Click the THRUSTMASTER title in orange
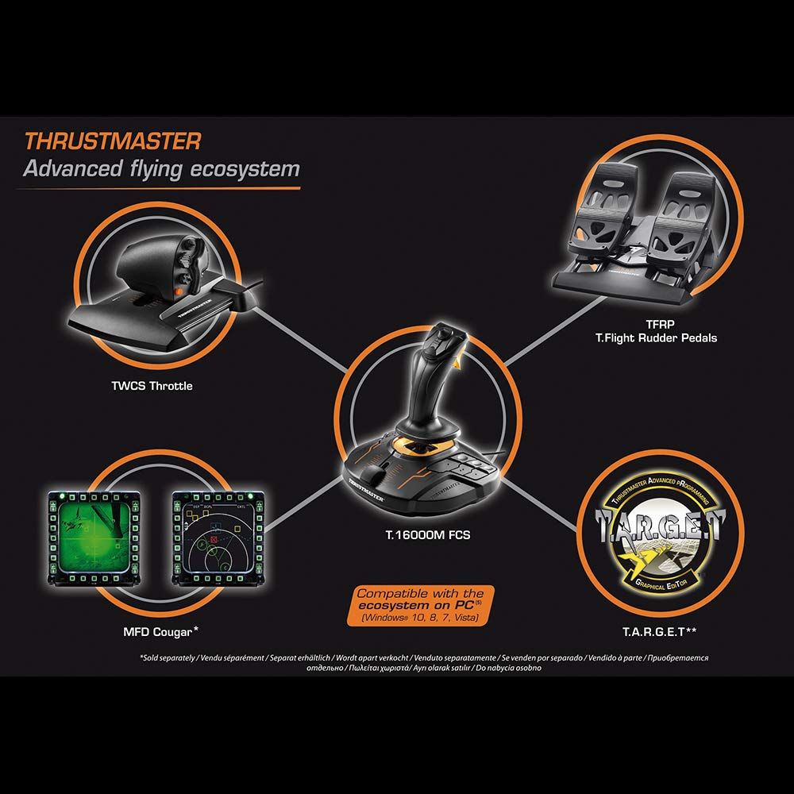(x=113, y=141)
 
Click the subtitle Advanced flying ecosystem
(x=161, y=169)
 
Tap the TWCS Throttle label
(x=152, y=387)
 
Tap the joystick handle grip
(x=431, y=381)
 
